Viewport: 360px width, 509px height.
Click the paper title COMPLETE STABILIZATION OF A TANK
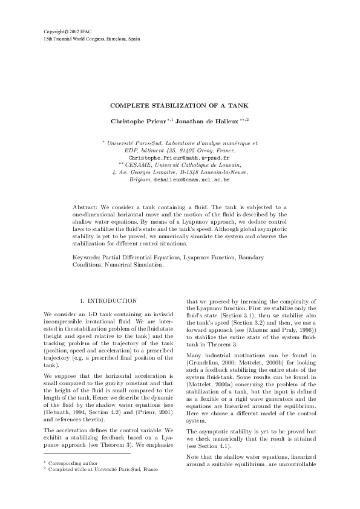coord(179,106)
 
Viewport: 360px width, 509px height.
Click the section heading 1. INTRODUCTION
coord(108,300)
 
